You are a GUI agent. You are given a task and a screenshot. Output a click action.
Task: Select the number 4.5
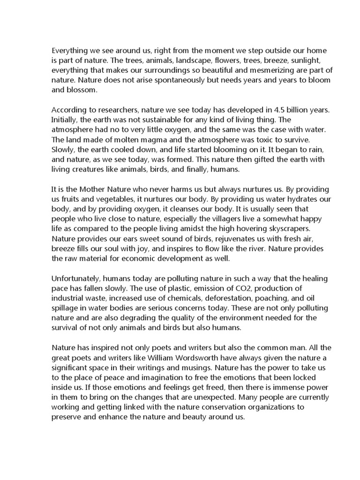click(x=279, y=110)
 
